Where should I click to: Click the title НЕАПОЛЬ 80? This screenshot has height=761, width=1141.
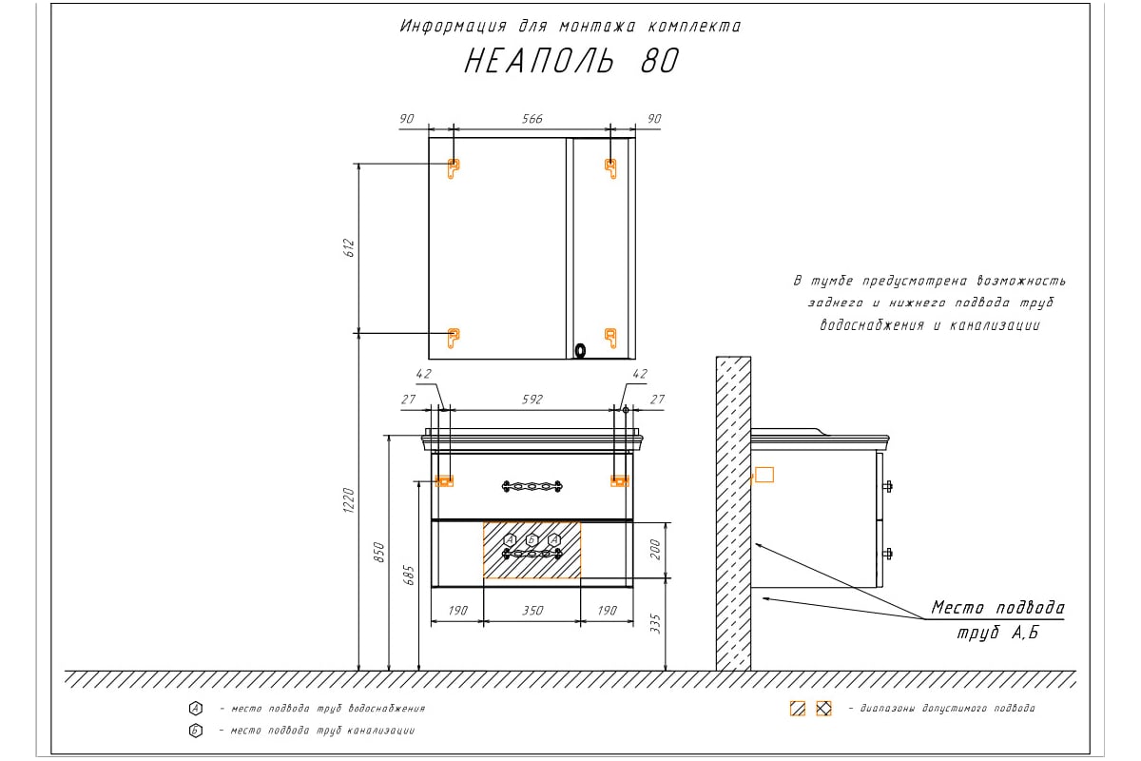click(571, 61)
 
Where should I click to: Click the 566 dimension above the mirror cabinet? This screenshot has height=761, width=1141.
click(532, 119)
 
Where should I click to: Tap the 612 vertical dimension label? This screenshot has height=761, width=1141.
click(349, 247)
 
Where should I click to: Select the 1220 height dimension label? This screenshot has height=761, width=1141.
click(349, 500)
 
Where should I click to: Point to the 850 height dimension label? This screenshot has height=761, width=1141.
click(379, 553)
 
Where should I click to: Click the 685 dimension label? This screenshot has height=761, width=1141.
click(409, 576)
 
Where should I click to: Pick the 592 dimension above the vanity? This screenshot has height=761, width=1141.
click(532, 400)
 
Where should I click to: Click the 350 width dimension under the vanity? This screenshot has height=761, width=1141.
click(532, 611)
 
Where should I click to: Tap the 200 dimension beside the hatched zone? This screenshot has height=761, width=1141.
click(655, 550)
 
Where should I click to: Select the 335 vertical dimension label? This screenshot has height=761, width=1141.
click(655, 624)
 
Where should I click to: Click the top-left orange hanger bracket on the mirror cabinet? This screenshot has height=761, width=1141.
click(453, 168)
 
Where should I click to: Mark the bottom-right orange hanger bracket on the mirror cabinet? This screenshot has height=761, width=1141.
click(610, 338)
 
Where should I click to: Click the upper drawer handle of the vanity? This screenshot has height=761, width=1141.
click(532, 486)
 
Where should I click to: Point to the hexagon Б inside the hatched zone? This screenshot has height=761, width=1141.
click(532, 539)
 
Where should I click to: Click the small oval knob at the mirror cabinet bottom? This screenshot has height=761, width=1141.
click(580, 351)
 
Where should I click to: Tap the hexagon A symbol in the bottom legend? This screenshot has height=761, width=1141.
click(196, 709)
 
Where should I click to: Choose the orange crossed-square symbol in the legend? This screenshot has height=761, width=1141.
click(823, 709)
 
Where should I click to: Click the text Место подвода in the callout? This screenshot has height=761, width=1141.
click(997, 608)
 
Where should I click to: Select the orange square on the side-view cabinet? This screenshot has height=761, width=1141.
click(764, 475)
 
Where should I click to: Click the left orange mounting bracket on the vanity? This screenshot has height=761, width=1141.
click(444, 481)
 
